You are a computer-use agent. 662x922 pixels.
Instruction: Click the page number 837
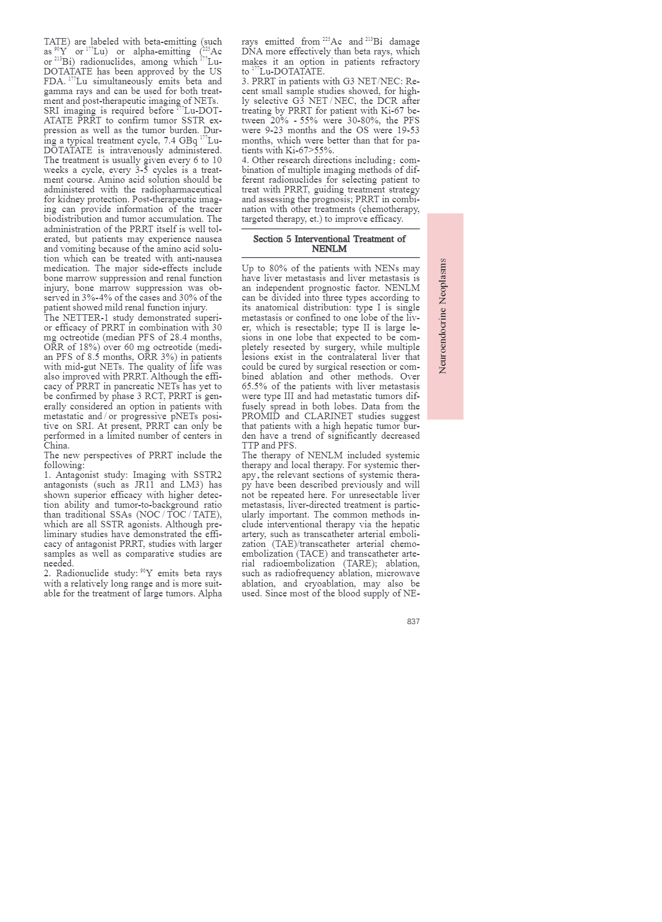click(x=413, y=621)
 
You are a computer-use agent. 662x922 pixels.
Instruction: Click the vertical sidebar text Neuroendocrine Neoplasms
click(x=442, y=316)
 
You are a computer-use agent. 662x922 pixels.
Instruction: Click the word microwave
click(x=399, y=574)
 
